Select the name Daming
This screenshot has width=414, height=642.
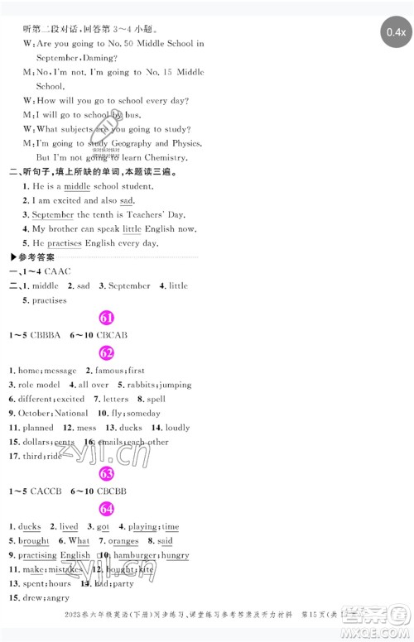coord(98,59)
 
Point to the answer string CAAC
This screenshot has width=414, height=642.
coord(57,271)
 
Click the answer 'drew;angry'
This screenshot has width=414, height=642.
coord(44,598)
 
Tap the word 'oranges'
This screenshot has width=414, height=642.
coord(123,541)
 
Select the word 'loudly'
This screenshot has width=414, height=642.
coord(177,428)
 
